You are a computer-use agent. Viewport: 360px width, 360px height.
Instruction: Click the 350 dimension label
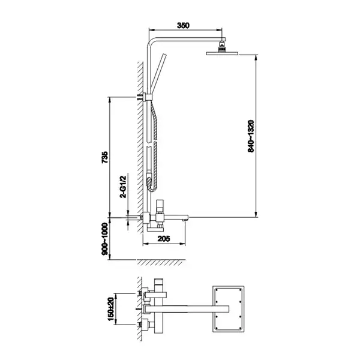click(183, 25)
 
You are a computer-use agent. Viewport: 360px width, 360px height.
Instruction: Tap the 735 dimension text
click(104, 157)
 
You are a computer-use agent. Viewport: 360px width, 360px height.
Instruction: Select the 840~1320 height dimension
click(251, 136)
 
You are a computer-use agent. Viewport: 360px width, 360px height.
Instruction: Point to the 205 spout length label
click(164, 239)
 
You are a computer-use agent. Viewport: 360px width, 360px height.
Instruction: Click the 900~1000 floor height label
click(104, 239)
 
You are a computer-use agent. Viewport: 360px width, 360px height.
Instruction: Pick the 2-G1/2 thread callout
click(123, 186)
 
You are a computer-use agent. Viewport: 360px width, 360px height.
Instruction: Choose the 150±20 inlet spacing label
click(110, 309)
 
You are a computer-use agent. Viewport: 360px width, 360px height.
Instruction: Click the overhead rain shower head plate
click(222, 53)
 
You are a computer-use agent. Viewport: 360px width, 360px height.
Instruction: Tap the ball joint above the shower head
click(222, 47)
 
